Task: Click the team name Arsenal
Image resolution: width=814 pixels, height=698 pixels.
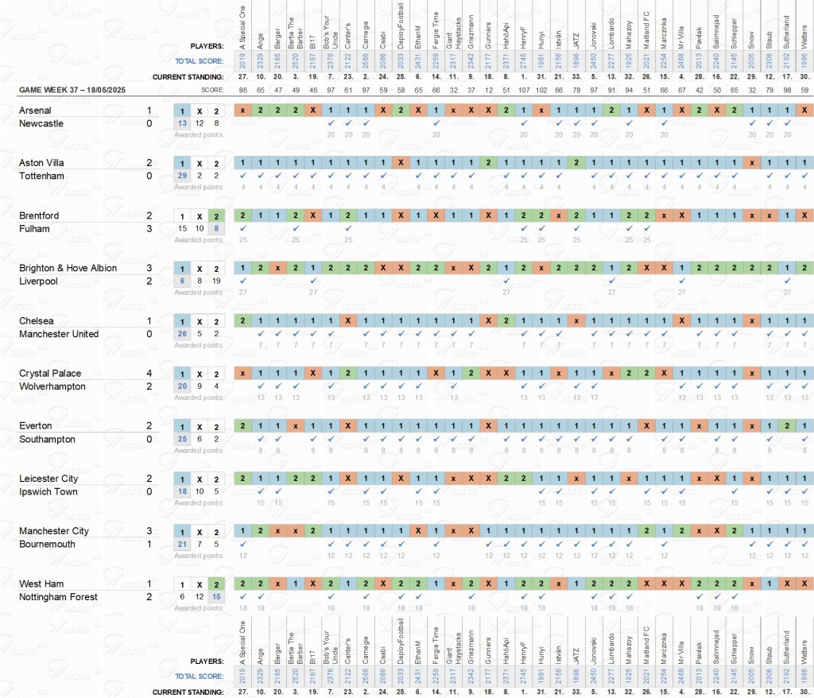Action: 36,111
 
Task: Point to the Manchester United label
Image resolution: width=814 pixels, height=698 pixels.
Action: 59,334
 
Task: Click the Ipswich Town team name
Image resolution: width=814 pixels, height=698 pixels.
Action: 48,491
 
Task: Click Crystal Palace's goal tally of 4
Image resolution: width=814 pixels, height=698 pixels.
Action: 149,373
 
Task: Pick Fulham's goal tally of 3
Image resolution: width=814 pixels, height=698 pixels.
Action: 149,229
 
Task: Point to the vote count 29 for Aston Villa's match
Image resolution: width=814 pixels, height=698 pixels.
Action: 182,176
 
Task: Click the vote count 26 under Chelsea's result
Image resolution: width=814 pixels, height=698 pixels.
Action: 182,334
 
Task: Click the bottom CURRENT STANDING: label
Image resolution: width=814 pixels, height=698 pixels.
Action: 188,692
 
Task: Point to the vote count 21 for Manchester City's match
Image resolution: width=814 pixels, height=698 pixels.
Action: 182,544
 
